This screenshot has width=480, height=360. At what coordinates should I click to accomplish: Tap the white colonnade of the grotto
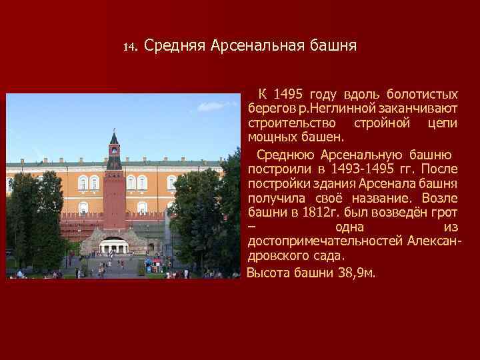(x=114, y=247)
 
